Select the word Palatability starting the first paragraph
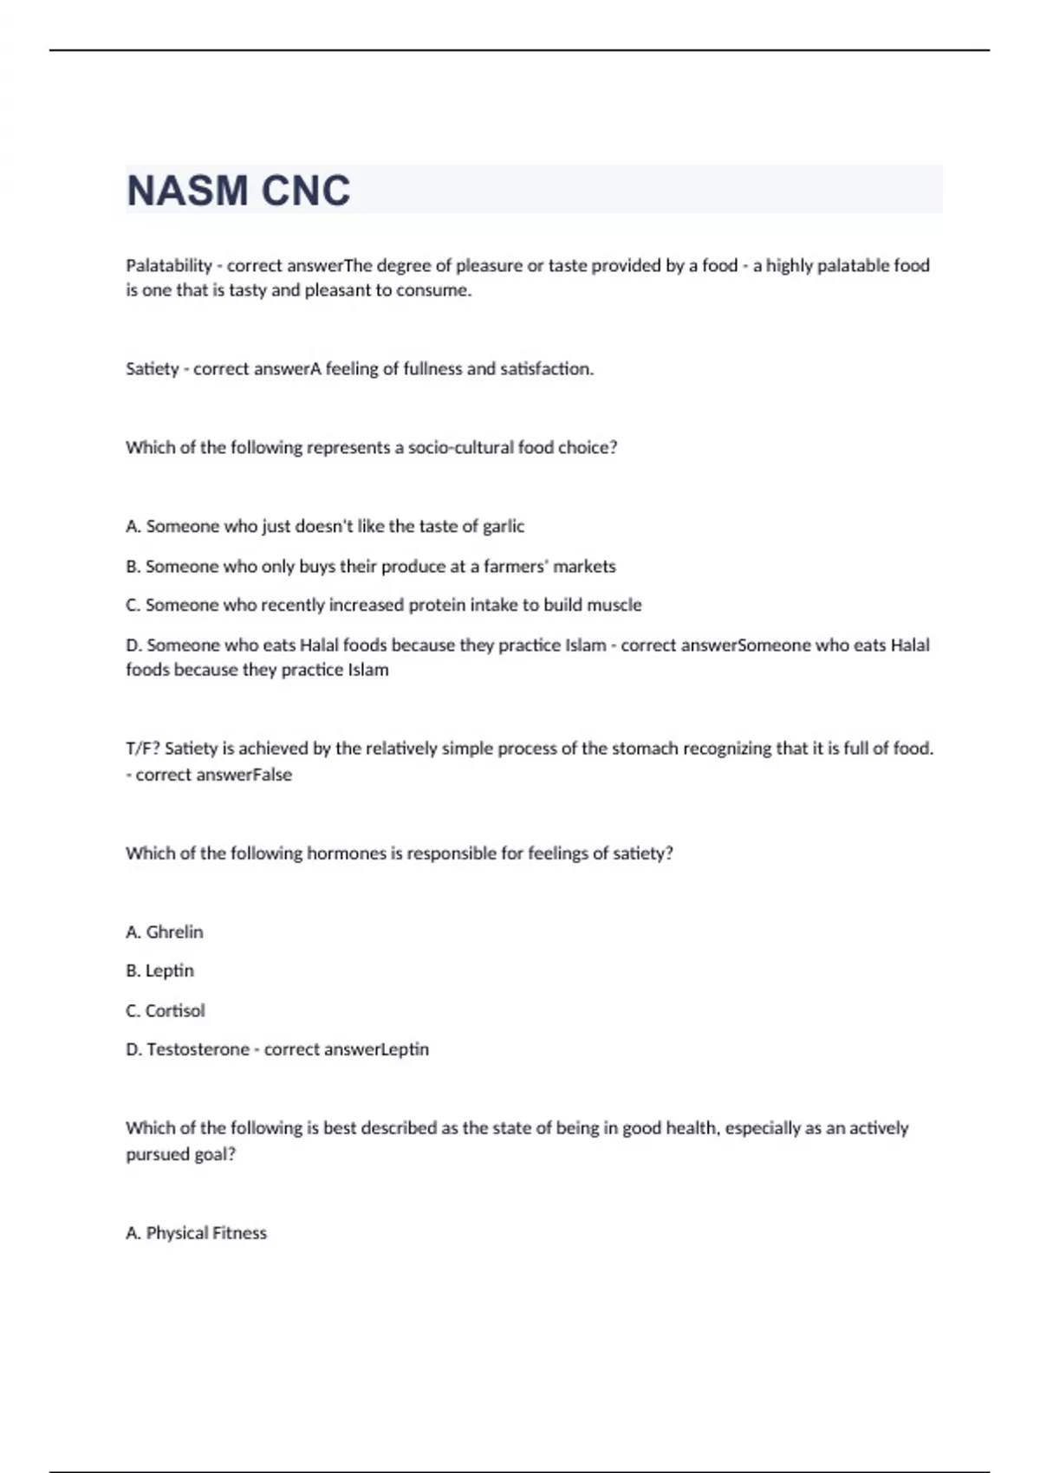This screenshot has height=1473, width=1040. pos(169,265)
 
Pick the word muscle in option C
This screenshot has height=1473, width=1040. pos(614,605)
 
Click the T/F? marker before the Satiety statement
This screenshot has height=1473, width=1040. pos(142,748)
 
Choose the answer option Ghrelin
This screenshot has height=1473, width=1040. pos(174,932)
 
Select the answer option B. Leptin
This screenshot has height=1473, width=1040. pos(160,970)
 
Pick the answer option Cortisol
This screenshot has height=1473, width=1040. pos(175,1010)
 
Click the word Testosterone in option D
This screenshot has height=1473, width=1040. pos(198,1049)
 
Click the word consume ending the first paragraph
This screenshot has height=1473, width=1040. pos(433,290)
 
